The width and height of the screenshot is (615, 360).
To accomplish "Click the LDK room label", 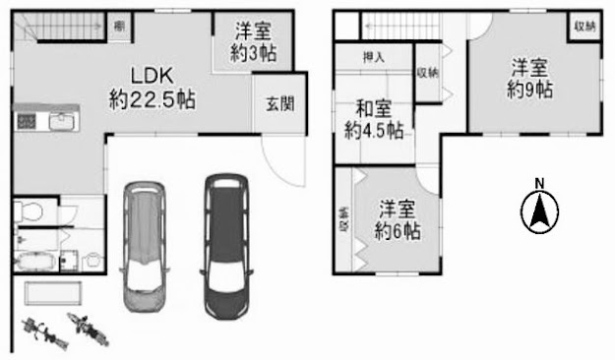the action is (152, 76).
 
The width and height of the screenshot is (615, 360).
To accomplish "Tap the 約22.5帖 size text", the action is (153, 99).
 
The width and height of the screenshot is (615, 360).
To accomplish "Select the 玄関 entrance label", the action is (280, 104).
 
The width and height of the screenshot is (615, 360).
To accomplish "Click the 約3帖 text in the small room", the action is (253, 53).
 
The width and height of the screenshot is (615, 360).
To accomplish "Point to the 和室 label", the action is (373, 108).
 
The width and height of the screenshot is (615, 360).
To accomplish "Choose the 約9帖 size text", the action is (530, 90).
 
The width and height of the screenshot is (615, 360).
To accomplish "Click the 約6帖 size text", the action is (398, 231).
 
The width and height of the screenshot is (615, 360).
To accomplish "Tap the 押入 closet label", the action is (373, 58).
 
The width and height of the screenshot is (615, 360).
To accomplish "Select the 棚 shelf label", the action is (119, 26).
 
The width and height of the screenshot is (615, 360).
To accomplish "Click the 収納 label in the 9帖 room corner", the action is (585, 27).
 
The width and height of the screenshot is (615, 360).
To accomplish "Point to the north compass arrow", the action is (539, 212).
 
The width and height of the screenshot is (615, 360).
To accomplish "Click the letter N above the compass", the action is (540, 183).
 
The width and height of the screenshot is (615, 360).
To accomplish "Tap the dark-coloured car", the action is (226, 246).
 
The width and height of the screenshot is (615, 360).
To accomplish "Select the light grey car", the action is (145, 247).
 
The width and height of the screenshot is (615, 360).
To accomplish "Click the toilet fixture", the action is (29, 211).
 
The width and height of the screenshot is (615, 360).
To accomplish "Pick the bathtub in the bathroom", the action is (33, 261).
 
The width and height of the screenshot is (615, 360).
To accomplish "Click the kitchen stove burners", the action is (27, 122).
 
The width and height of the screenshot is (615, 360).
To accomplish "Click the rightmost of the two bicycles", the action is (88, 330).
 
